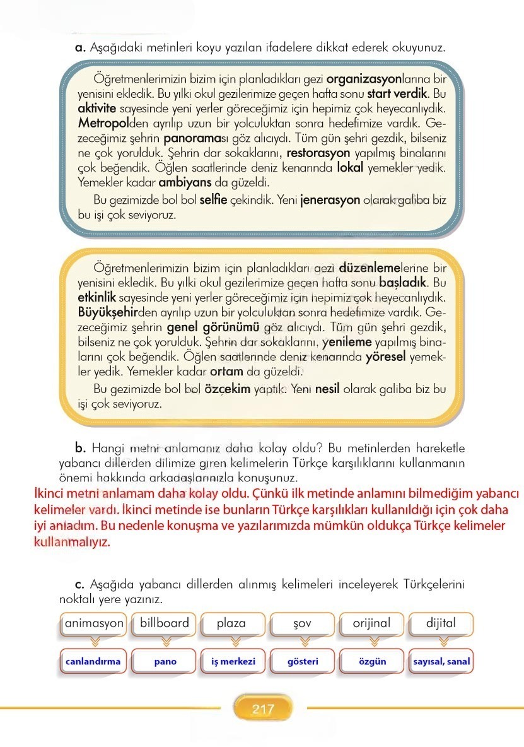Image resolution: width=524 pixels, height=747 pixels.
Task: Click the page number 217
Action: pos(263,709)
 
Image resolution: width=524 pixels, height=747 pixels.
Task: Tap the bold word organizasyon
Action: pos(365,80)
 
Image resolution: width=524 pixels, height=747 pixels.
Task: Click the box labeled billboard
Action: pos(165,623)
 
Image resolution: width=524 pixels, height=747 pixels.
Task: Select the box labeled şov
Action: pos(303,623)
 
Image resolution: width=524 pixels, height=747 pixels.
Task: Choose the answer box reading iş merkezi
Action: pos(233,662)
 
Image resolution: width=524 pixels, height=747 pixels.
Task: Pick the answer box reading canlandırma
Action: pos(93,662)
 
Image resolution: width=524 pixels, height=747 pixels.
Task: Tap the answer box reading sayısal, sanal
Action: pos(441,662)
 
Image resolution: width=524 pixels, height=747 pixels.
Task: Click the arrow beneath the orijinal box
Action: pos(372,642)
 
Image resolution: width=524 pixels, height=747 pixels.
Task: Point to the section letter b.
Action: pos(80,449)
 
